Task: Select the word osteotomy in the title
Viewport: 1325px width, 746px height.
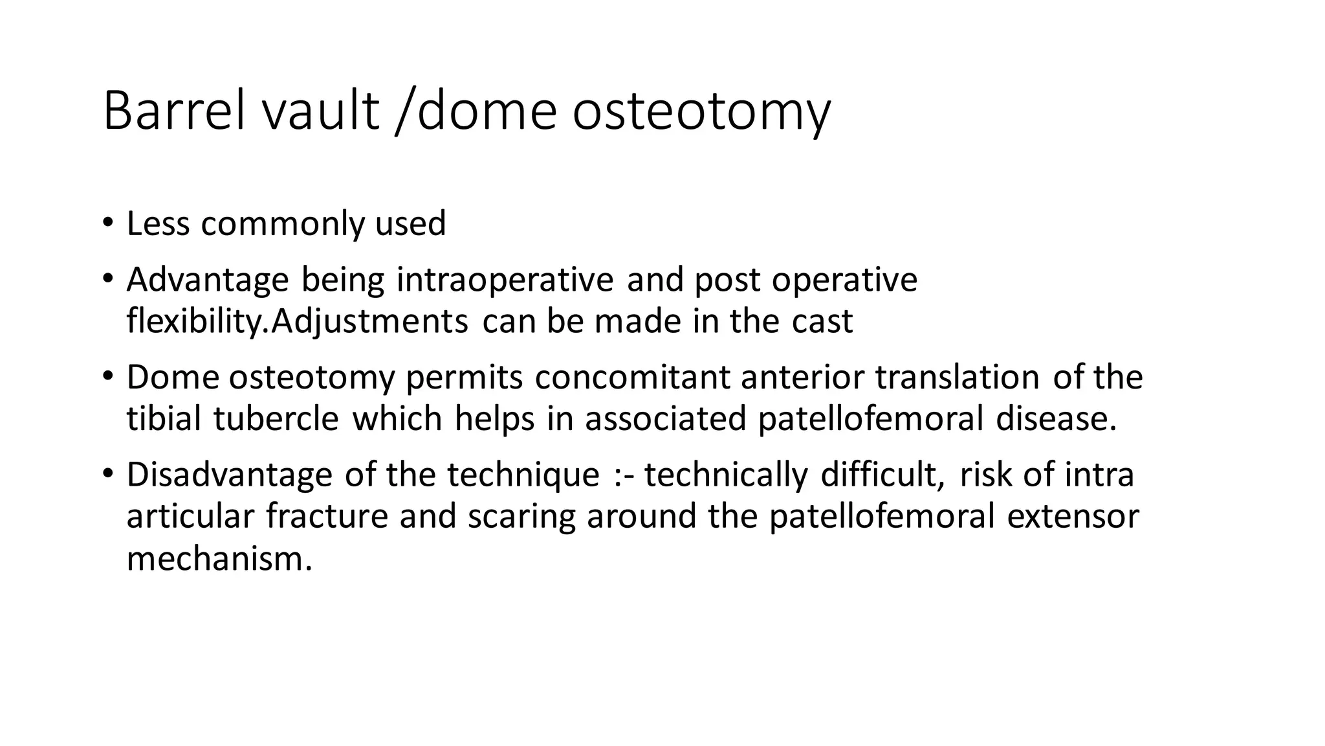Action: pyautogui.click(x=701, y=111)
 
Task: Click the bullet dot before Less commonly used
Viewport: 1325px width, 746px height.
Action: pyautogui.click(x=107, y=223)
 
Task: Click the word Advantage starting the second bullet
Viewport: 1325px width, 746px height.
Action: pyautogui.click(x=208, y=280)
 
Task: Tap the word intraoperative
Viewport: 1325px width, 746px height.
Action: pyautogui.click(x=505, y=280)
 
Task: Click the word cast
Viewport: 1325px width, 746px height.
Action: pyautogui.click(x=822, y=322)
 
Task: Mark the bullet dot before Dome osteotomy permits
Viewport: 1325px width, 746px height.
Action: pyautogui.click(x=107, y=377)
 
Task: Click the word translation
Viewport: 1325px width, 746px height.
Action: pyautogui.click(x=957, y=378)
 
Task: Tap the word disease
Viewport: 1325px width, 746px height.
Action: pyautogui.click(x=1056, y=419)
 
